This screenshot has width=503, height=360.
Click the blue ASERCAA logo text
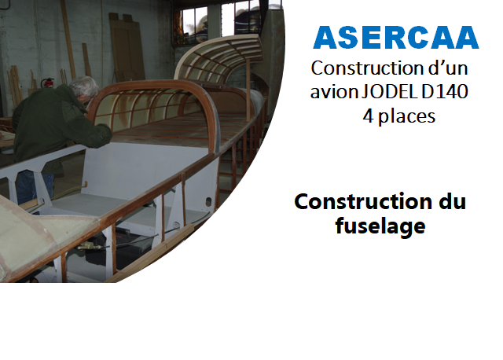pos(396,38)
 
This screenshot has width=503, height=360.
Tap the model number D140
pos(445,92)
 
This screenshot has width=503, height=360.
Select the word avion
pos(334,92)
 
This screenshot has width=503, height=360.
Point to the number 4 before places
pos(369,116)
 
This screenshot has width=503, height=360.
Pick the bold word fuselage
pos(380,226)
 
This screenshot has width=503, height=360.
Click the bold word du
pos(453,201)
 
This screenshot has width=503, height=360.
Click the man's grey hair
pos(84,86)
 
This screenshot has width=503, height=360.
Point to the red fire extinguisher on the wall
pos(48,83)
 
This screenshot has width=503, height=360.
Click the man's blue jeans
pos(35,187)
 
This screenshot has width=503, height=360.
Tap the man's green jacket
pos(54,125)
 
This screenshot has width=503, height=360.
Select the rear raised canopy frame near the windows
pos(218,57)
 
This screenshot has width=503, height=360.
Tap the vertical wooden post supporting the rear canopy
pos(248,90)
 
